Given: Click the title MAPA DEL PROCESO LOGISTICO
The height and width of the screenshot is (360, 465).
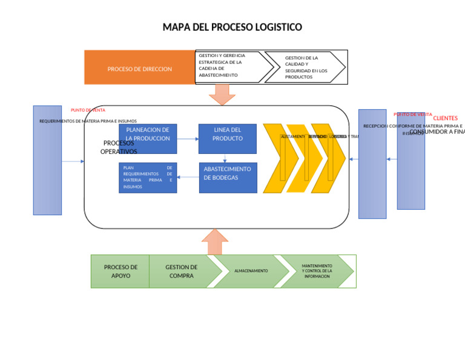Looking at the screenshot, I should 232,27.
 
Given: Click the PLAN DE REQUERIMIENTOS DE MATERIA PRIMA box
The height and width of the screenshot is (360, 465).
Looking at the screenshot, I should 148,178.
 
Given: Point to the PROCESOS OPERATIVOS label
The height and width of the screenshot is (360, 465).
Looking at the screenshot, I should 119,147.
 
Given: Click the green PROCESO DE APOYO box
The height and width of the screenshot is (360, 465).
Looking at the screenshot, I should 120,271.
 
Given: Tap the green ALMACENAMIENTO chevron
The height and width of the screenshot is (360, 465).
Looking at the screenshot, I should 251,271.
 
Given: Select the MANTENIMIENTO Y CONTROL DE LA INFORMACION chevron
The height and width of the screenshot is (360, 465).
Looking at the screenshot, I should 317,271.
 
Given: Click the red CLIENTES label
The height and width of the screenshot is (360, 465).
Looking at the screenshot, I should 445,118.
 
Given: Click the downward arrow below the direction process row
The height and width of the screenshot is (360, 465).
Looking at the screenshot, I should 222,95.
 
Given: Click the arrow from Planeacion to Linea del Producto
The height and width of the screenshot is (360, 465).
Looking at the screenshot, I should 188,139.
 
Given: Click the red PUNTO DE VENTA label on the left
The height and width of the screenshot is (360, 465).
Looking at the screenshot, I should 88,110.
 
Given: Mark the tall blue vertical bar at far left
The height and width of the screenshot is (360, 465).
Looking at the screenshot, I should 47,160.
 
